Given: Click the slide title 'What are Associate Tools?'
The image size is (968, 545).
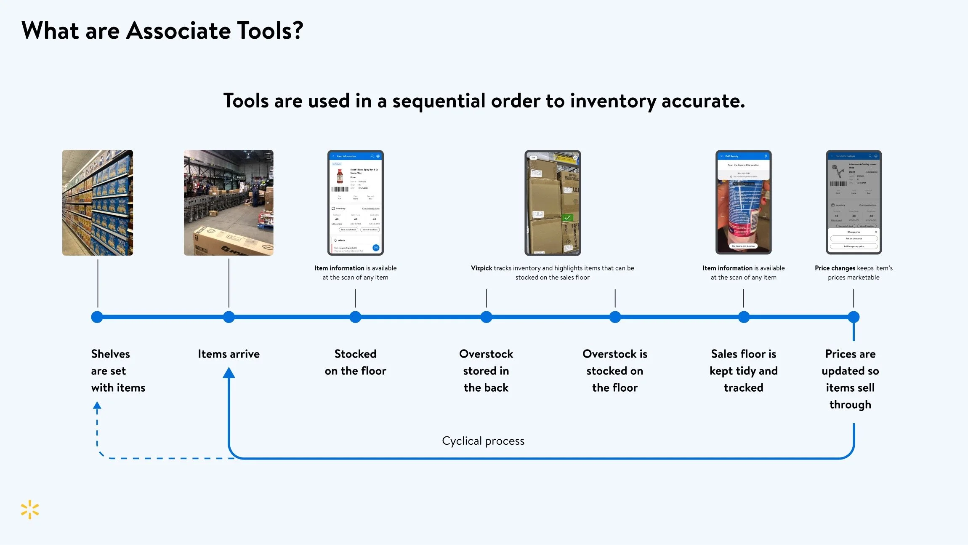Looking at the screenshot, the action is (x=162, y=31).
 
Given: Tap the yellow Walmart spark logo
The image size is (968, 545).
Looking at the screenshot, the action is (x=30, y=510).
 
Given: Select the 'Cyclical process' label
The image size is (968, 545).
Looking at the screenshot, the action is (x=483, y=441).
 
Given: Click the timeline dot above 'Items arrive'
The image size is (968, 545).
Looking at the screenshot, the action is (x=229, y=317).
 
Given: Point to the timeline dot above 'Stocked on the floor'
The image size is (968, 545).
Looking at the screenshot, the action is (x=356, y=317).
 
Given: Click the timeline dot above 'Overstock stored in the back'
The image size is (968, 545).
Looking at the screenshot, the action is (x=487, y=317).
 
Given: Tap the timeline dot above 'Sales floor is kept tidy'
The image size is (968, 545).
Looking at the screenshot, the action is (x=744, y=317).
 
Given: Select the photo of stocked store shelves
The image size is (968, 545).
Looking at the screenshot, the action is (x=98, y=203).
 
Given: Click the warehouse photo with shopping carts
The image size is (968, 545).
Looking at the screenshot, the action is (x=229, y=203).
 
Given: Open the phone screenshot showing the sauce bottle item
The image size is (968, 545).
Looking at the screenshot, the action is (x=356, y=203).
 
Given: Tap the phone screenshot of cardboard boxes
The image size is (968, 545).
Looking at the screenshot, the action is (x=553, y=203).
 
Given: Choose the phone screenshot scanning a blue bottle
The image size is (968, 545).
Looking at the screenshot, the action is (x=744, y=203).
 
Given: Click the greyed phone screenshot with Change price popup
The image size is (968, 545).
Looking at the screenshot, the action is (x=854, y=203).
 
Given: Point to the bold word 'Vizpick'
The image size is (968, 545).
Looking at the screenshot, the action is (x=481, y=268).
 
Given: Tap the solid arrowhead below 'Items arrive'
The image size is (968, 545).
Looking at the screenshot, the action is (x=229, y=373).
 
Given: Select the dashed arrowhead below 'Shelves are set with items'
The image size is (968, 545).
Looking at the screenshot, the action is (x=97, y=406).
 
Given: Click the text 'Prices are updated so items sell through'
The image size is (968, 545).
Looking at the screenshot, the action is (x=850, y=379).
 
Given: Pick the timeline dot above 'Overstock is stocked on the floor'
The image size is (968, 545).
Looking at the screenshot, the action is (x=615, y=317).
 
